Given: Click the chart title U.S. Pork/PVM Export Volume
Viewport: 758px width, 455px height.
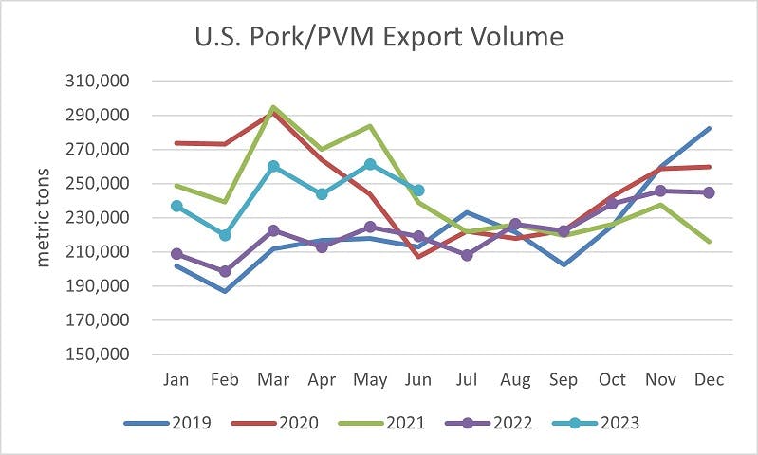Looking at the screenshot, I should pyautogui.click(x=379, y=37).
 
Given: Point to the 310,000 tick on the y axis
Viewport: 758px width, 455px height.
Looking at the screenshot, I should pyautogui.click(x=100, y=82).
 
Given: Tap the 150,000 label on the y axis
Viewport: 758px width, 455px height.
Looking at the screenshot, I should pyautogui.click(x=100, y=355).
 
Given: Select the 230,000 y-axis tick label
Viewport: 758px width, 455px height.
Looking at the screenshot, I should pyautogui.click(x=100, y=218).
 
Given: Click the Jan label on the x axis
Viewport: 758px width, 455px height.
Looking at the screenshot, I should pyautogui.click(x=176, y=379).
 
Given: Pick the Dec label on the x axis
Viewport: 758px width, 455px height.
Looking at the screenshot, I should pyautogui.click(x=709, y=379).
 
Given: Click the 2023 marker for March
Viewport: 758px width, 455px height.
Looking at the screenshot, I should pyautogui.click(x=273, y=167).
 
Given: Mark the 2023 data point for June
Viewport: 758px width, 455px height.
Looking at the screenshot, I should pyautogui.click(x=417, y=191).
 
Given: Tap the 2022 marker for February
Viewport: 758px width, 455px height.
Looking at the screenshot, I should pyautogui.click(x=225, y=271).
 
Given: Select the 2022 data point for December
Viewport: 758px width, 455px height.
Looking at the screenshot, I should pyautogui.click(x=709, y=192).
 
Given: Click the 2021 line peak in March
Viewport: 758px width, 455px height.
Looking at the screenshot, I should pyautogui.click(x=273, y=107).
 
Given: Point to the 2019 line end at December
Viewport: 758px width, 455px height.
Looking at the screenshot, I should pyautogui.click(x=709, y=128).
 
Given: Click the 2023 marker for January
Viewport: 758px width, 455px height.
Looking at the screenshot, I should pyautogui.click(x=176, y=206).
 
